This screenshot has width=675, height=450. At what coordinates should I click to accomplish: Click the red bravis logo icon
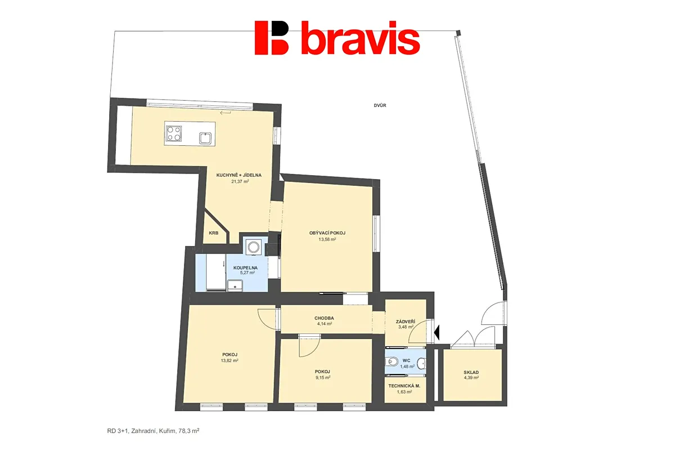tap(272, 38)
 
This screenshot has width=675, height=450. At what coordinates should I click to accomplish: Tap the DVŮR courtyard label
tap(380, 105)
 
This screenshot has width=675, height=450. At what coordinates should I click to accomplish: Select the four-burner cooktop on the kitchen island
tap(174, 133)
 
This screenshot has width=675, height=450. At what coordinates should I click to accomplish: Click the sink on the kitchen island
tap(205, 138)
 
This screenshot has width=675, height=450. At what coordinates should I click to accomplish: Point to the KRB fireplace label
tap(214, 233)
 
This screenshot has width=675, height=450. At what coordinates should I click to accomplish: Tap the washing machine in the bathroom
tap(253, 247)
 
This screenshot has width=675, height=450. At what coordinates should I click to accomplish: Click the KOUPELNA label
tap(246, 268)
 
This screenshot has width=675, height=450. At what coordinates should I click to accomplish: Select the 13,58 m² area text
tap(327, 239)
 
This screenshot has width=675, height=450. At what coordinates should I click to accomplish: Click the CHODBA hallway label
tap(324, 318)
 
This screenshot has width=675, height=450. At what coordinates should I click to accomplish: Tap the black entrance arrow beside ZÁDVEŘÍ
tap(436, 333)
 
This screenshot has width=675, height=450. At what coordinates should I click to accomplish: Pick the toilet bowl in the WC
tap(391, 361)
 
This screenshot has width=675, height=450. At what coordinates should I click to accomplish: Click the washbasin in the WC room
tap(422, 364)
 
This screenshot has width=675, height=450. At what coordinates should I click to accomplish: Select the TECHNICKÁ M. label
tap(404, 386)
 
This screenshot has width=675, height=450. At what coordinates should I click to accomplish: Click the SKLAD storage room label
tap(471, 372)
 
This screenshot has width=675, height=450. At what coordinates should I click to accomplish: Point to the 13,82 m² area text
tap(229, 360)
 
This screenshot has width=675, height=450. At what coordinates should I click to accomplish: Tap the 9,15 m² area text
tap(322, 377)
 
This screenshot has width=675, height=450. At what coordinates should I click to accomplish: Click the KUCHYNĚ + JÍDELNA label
tap(239, 175)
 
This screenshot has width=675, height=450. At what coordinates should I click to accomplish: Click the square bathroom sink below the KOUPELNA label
tap(235, 286)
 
